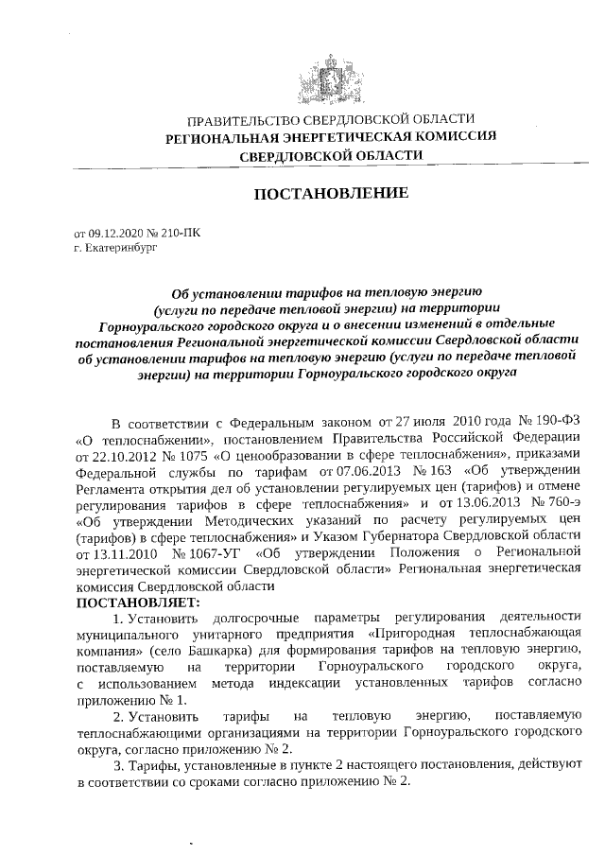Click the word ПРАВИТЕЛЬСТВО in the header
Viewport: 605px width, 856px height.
click(x=243, y=120)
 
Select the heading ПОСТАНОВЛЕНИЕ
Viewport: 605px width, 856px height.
click(x=331, y=193)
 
